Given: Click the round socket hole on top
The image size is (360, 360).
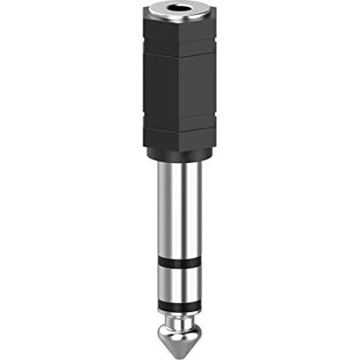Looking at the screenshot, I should click(180, 12).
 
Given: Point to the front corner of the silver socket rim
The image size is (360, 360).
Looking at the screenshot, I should click(180, 26).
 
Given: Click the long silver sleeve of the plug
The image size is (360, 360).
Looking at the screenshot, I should click(180, 206).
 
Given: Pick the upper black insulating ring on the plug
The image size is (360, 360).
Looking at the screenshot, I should click(180, 264).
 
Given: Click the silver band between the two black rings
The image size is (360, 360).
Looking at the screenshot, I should click(180, 284).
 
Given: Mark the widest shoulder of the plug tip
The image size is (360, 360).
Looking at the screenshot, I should click(180, 325).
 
